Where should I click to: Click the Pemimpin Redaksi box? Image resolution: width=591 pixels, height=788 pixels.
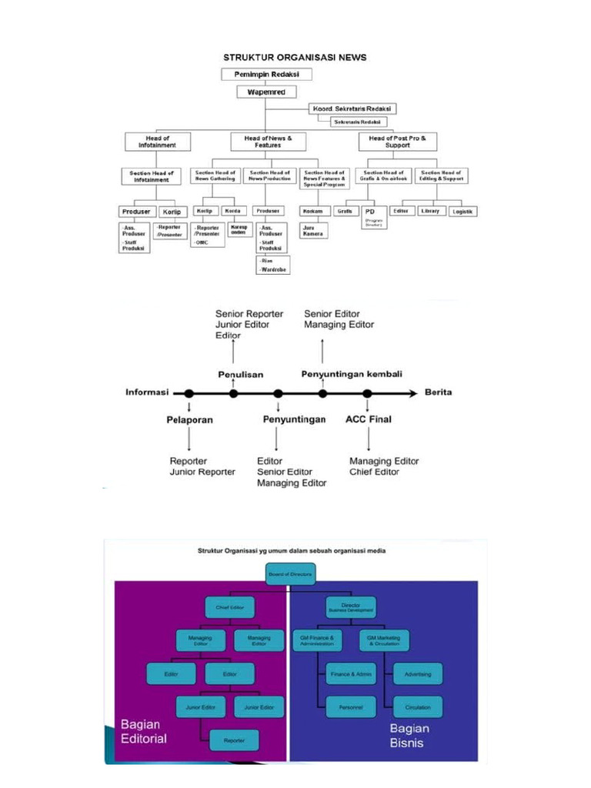pos(267,75)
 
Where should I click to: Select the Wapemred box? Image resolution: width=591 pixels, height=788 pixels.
pos(266,92)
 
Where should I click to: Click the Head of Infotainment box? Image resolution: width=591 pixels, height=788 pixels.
pos(157,142)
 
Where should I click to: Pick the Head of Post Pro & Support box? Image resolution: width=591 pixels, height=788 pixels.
pos(397,142)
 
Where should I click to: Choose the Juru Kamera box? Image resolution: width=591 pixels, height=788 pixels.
pos(313,230)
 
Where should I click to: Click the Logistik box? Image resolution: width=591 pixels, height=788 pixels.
pos(463,211)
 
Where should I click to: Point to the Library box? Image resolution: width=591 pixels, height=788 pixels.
pos(429,211)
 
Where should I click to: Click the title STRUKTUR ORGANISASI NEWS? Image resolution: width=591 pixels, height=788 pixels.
pos(295,57)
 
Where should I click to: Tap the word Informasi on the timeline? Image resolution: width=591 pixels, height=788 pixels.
pos(147,392)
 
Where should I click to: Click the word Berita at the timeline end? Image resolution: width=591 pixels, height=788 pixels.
pos(439,392)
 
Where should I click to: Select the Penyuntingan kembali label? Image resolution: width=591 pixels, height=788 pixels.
pos(351,374)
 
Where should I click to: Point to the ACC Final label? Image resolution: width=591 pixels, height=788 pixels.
pos(368,419)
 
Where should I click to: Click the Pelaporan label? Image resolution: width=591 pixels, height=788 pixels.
pos(189,420)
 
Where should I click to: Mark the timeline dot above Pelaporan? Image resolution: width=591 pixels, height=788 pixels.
pos(189,394)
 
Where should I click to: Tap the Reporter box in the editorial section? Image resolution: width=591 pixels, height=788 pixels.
pos(234,740)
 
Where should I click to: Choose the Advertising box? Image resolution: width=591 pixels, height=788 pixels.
pos(418,674)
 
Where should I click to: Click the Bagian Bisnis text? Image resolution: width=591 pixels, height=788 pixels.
pos(409,736)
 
